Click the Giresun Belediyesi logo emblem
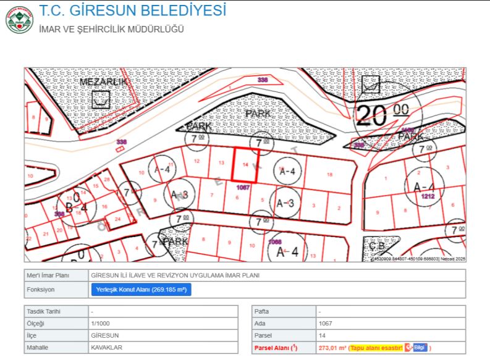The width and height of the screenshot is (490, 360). pos(19,19)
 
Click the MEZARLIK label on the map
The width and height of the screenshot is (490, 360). pos(103,82)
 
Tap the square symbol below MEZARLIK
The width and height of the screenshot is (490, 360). pos(100,99)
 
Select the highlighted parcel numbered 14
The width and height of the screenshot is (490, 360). pos(245,165)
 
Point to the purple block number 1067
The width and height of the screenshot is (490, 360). pos(243,186)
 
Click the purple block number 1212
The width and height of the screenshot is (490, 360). pos(428,196)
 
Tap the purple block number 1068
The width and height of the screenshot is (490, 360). pos(276,241)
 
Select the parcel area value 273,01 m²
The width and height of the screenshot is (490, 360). pos(332,348)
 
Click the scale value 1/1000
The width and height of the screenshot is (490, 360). pos(101,323)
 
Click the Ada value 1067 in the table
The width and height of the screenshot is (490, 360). pos(326,323)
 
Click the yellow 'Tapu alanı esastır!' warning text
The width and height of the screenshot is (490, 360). pos(376,348)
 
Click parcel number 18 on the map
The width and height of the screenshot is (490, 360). pos(329,175)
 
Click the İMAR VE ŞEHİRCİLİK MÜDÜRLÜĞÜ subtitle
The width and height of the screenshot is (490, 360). pos(111,29)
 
